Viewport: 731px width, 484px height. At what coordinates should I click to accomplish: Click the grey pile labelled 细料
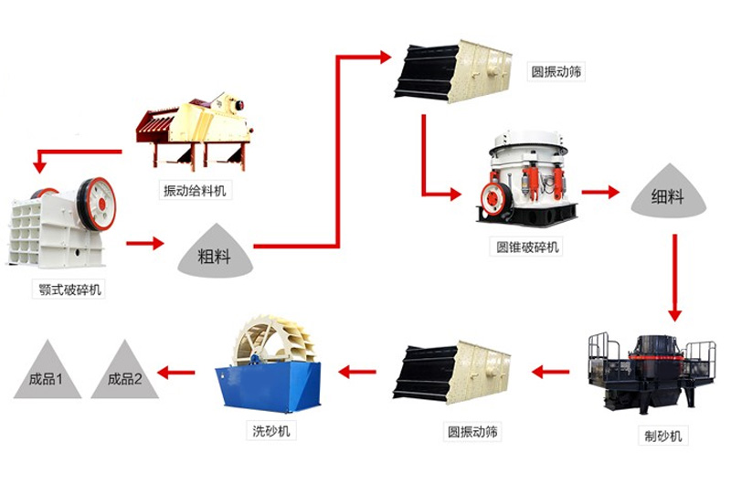[x=668, y=194]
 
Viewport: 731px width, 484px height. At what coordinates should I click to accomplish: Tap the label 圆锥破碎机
[x=529, y=247]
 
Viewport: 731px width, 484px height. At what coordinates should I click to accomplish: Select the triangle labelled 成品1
[x=47, y=374]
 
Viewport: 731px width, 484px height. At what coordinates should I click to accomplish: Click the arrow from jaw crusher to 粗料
[x=145, y=243]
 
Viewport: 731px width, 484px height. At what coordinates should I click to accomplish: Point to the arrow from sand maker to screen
[x=551, y=372]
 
